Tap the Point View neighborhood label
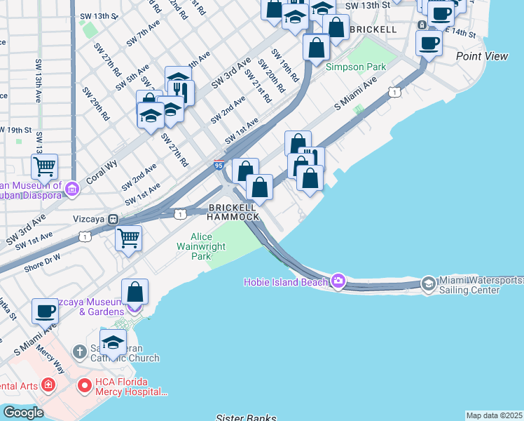click(x=481, y=56)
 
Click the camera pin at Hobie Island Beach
click(x=339, y=281)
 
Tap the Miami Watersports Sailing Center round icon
click(x=429, y=283)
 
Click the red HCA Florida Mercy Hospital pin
click(x=85, y=385)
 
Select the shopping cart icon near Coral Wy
click(x=45, y=166)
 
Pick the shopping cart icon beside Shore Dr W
click(x=128, y=238)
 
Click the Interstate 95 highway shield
click(x=219, y=164)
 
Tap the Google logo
click(x=22, y=413)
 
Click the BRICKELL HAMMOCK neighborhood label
click(x=233, y=213)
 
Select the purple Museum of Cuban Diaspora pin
click(x=71, y=189)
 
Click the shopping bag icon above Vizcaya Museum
click(x=135, y=291)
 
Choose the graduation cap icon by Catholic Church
click(x=113, y=342)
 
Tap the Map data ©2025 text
click(x=494, y=415)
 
